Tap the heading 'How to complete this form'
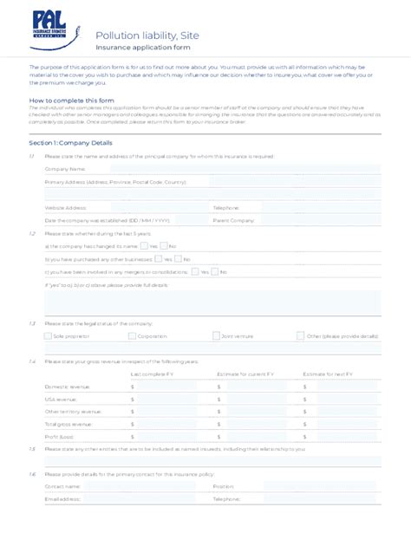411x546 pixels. point(66,100)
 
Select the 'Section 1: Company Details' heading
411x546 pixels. point(76,142)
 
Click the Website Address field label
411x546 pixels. point(66,208)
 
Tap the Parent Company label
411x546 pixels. point(233,220)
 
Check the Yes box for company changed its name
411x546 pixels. point(144,246)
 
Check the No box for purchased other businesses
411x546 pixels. point(178,259)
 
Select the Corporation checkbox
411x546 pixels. point(132,335)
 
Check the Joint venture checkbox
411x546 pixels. point(216,335)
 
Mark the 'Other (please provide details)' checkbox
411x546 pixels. point(300,335)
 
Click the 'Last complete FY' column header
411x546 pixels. point(152,374)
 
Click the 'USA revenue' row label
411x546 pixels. point(62,399)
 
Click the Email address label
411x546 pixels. point(62,499)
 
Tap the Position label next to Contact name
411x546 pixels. point(223,487)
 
